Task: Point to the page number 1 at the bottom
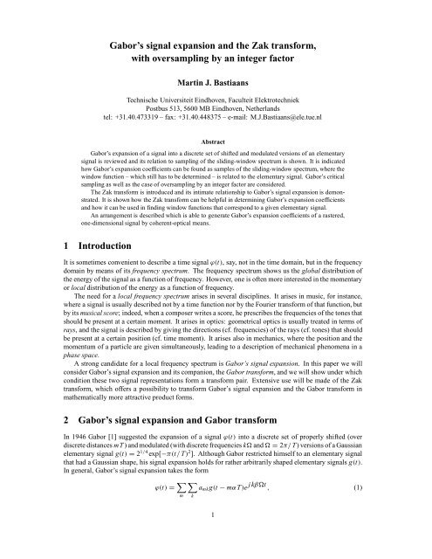pos(216,546)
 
